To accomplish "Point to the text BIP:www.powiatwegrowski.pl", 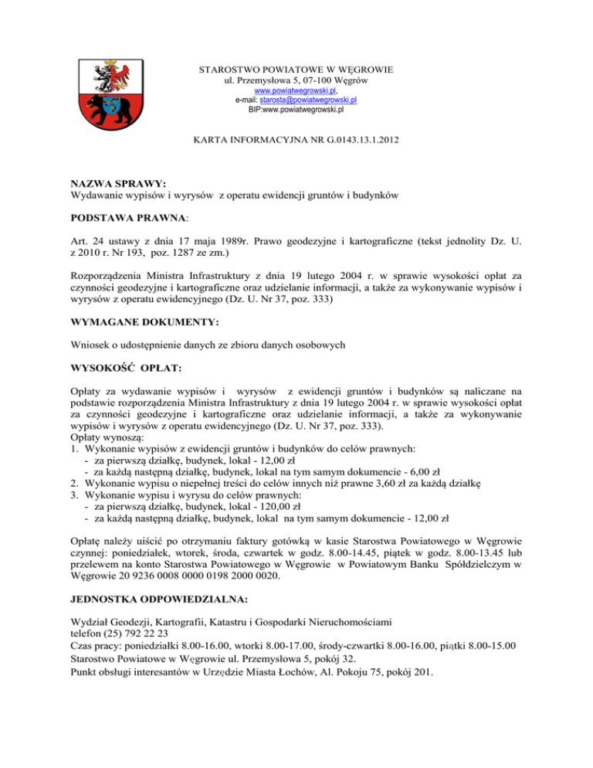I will coord(296,110).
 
